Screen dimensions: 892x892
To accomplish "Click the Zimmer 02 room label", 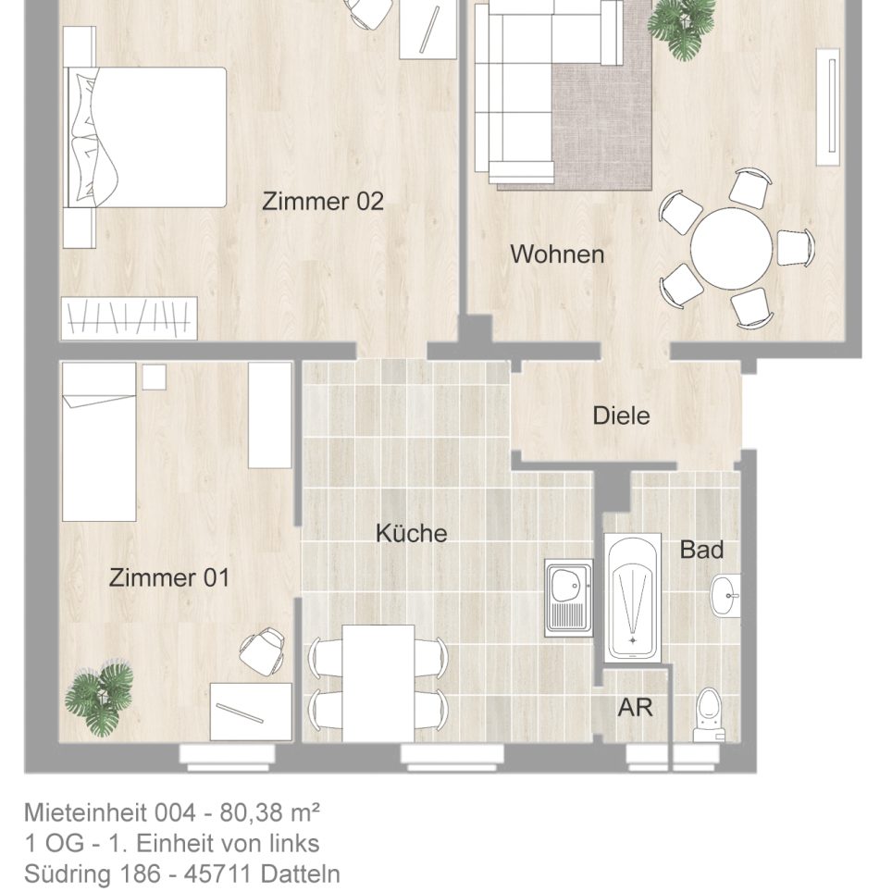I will (x=322, y=201).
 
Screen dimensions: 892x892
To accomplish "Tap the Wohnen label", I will (x=557, y=254).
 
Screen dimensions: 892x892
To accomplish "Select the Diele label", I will (x=621, y=415).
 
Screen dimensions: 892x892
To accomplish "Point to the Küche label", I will (x=411, y=533).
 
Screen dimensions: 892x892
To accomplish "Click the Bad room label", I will (x=701, y=550).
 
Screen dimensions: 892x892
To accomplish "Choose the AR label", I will (x=636, y=708).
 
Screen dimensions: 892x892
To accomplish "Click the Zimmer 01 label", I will (x=169, y=578).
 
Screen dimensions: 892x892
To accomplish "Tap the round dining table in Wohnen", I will (x=731, y=247).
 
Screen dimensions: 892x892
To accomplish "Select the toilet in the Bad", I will (x=708, y=714).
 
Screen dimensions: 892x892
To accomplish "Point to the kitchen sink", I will (x=567, y=598).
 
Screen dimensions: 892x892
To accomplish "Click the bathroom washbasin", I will (x=725, y=593).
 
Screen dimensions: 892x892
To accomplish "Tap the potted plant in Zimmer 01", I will (x=100, y=697).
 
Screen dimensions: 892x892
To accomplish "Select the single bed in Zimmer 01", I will (x=99, y=442).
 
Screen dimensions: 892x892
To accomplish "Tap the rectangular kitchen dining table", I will (x=378, y=683).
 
